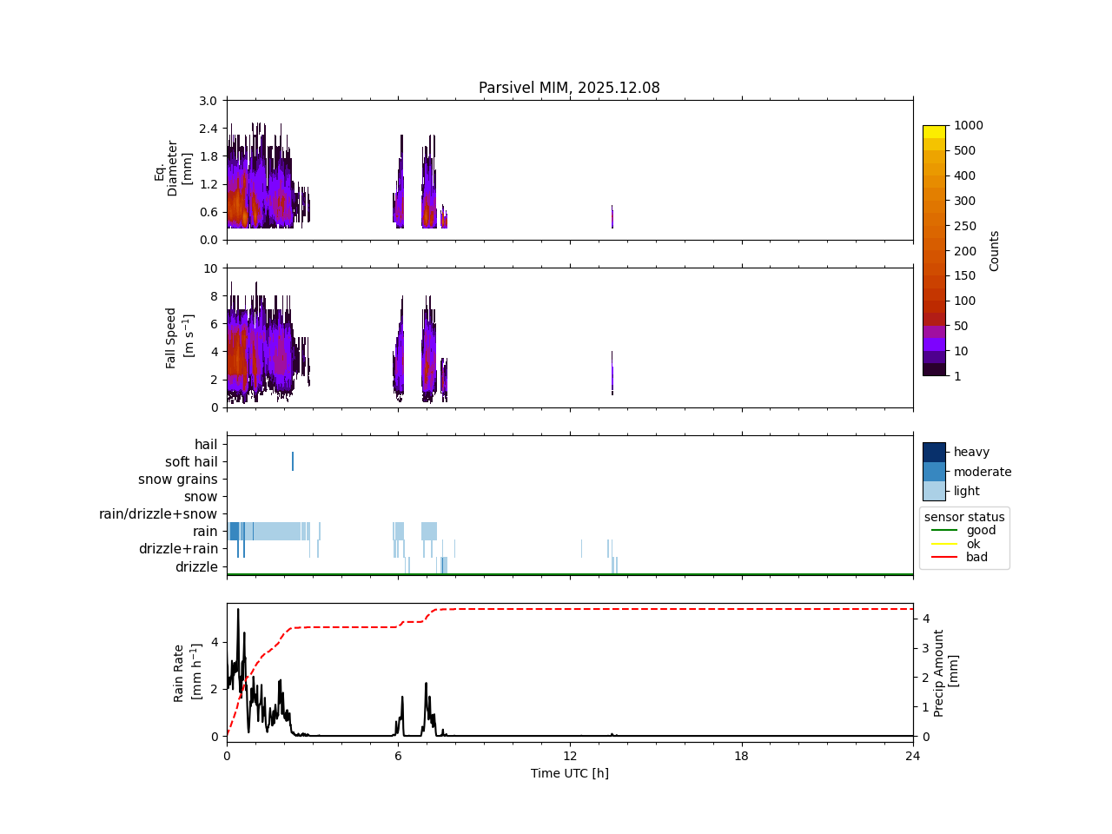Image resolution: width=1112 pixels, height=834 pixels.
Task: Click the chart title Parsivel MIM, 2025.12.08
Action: [569, 88]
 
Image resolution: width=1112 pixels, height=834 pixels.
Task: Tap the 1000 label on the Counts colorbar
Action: [969, 125]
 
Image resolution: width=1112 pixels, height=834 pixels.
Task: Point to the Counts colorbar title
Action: [995, 250]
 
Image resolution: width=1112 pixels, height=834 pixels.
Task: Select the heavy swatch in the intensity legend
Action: [934, 452]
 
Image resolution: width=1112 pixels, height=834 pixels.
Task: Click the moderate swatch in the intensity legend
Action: [934, 472]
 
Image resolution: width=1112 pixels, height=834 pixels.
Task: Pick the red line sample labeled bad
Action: [944, 557]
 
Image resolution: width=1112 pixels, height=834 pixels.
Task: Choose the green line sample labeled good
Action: [944, 530]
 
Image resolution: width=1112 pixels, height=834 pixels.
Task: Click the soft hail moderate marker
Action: [293, 461]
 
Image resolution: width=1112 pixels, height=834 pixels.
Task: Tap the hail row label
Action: [206, 445]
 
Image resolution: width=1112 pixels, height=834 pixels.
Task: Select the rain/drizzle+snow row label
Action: [158, 514]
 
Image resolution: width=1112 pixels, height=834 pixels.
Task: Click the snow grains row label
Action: [178, 480]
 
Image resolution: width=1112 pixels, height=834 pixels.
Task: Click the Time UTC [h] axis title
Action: [569, 773]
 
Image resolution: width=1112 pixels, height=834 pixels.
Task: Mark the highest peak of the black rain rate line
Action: [238, 609]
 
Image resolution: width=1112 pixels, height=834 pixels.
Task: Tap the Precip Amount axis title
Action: [946, 672]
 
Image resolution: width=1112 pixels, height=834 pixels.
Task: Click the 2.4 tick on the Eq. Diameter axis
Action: [207, 129]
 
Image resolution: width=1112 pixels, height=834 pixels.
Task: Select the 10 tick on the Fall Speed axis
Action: [210, 268]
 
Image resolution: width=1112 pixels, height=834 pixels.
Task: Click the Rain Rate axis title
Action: [187, 672]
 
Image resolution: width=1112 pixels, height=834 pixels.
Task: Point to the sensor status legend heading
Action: [964, 517]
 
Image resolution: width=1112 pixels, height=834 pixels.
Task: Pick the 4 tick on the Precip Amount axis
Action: [926, 619]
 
